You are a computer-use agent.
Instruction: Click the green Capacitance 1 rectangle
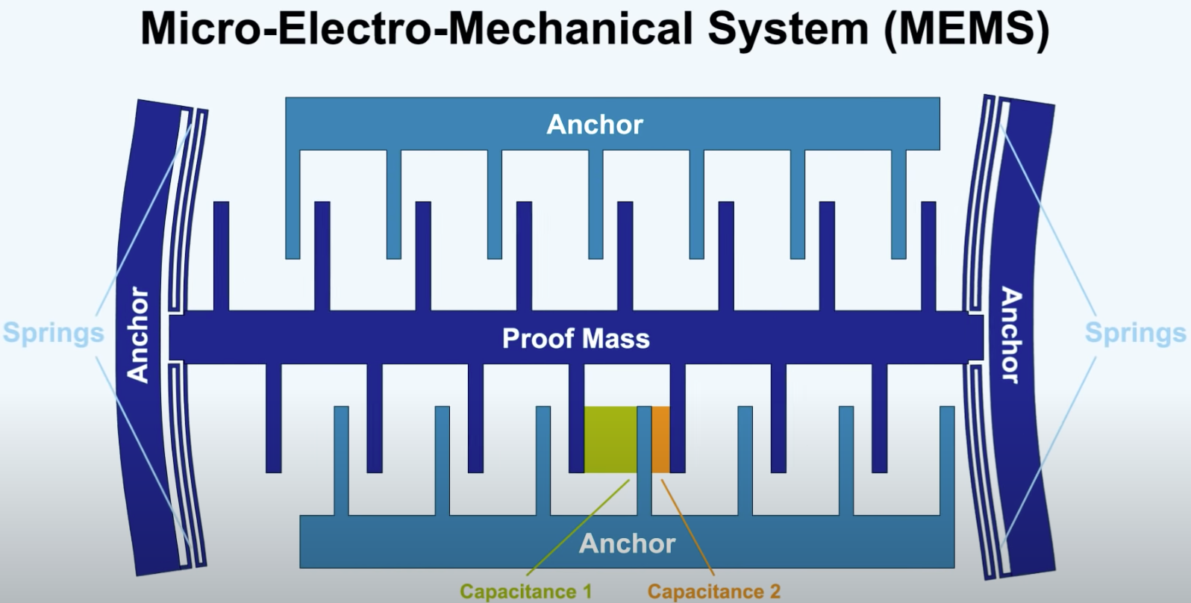tap(610, 440)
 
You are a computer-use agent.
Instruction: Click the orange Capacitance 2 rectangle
tap(661, 440)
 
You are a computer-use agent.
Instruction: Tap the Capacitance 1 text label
tap(526, 591)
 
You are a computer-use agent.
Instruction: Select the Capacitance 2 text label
tap(714, 591)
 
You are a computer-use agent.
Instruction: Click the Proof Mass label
tap(576, 339)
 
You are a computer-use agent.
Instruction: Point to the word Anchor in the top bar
tap(595, 125)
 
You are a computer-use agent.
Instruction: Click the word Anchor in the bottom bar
tap(628, 543)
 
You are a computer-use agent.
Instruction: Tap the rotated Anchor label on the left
tap(138, 335)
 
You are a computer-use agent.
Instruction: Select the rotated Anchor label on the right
tap(1011, 335)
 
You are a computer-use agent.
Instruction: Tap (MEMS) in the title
tap(966, 29)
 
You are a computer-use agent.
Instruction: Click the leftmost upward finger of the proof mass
tap(221, 256)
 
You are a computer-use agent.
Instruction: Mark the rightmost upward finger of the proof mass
tap(928, 256)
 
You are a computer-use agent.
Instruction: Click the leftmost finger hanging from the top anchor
tap(293, 204)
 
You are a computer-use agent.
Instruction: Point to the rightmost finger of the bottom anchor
tap(947, 461)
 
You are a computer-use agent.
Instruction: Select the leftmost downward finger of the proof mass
tap(273, 418)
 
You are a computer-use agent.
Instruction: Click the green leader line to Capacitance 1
tap(578, 528)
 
